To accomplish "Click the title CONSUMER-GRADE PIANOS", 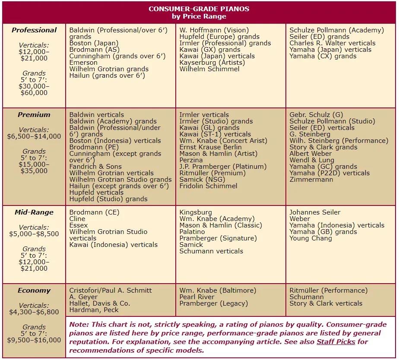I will [x=199, y=9].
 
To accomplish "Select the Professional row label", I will [x=34, y=30].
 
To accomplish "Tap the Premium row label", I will [x=34, y=115].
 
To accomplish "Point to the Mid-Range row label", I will [x=34, y=212].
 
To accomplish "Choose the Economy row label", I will [x=34, y=291].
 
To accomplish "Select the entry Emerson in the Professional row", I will [x=83, y=63].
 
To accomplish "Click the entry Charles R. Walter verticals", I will [x=332, y=43].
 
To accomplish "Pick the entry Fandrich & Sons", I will [x=95, y=167].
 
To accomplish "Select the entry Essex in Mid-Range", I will [x=79, y=225].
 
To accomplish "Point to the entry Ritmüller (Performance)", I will [x=329, y=291].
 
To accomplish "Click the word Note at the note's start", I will [x=79, y=325].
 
